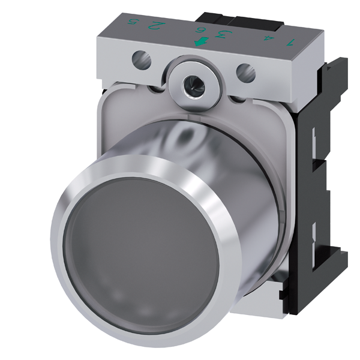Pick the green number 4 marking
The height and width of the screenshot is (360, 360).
pos(267,38)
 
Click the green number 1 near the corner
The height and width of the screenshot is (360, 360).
pos(291,42)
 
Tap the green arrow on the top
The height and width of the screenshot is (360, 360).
pos(200,41)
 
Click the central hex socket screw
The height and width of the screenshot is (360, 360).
pos(193,84)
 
